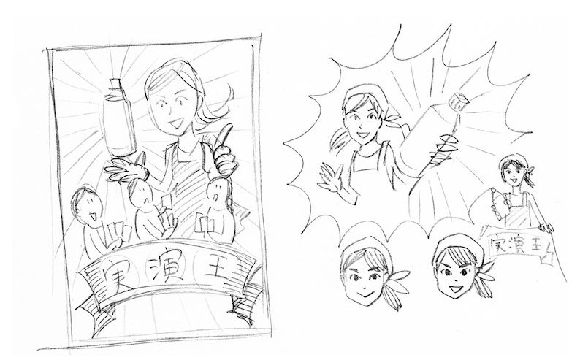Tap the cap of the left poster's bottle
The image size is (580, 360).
[115, 85]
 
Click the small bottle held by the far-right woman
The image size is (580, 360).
[497, 202]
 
